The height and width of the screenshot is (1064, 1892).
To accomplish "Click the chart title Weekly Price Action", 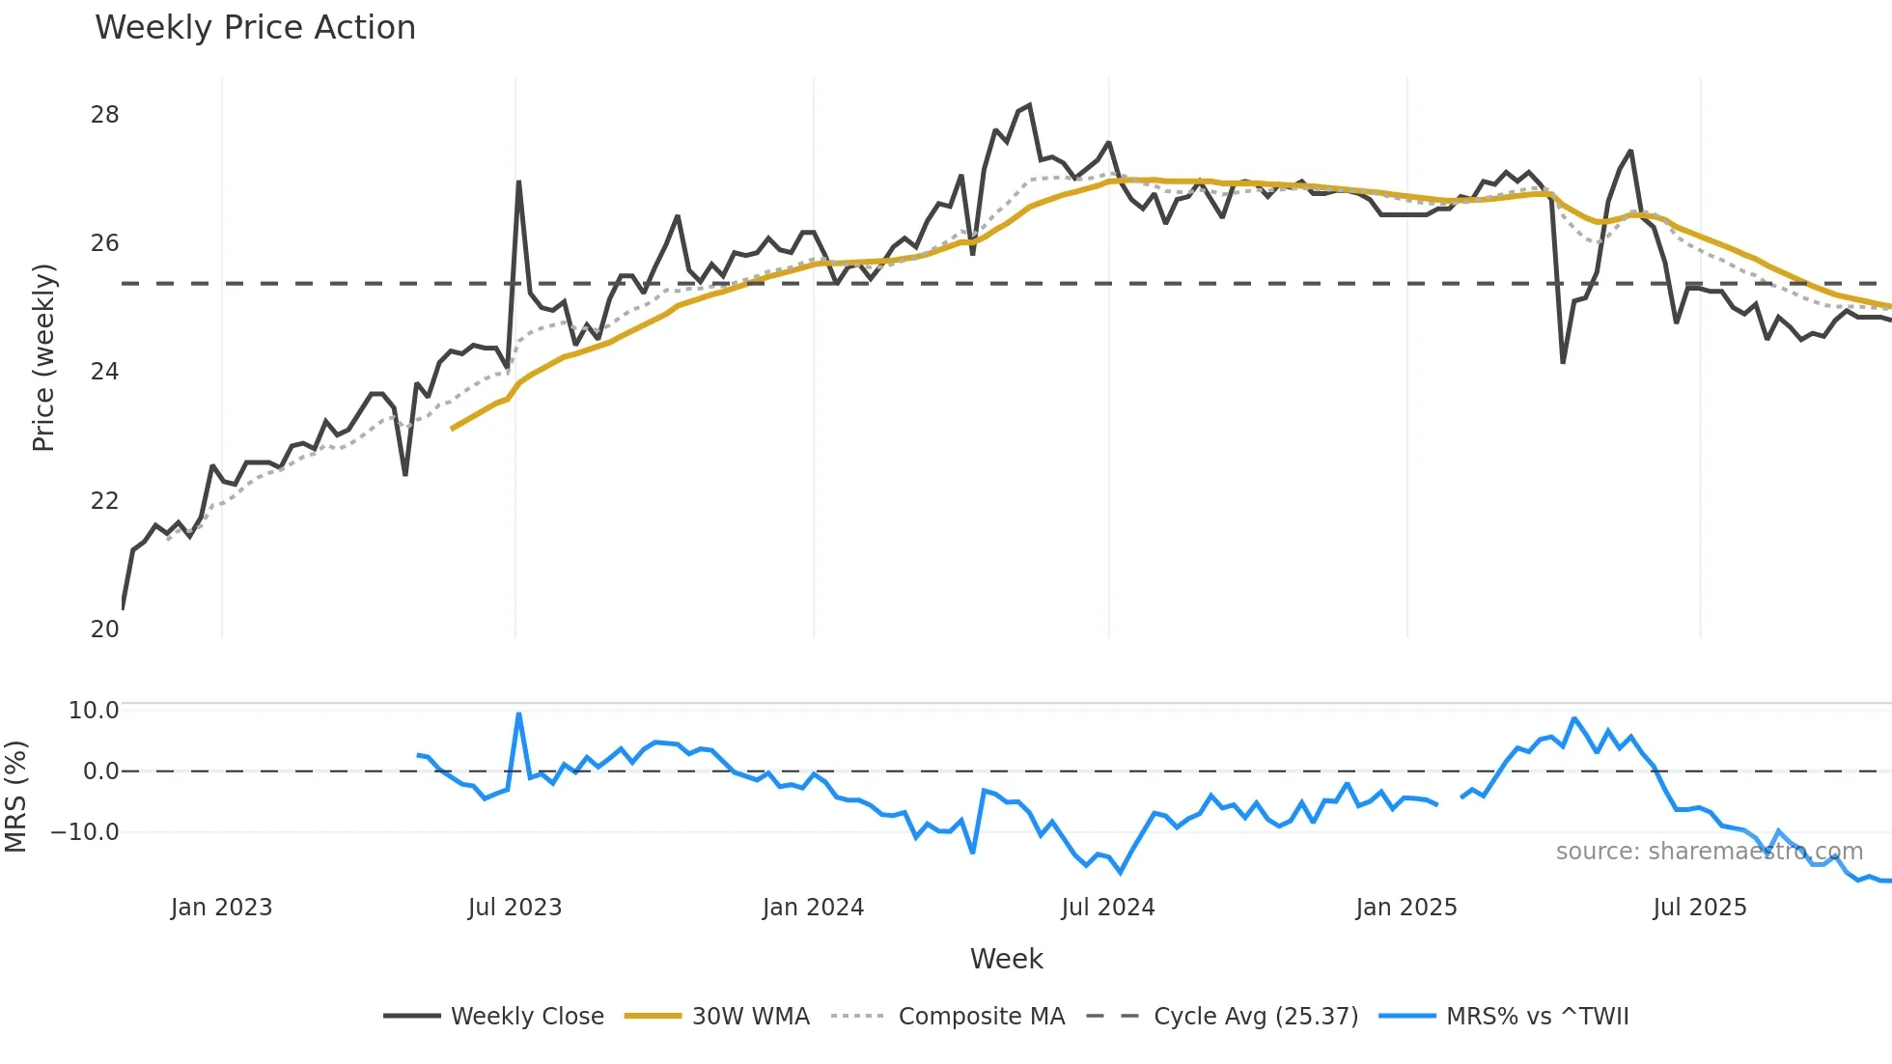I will [255, 28].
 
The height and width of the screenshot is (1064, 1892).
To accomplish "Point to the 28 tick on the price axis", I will [105, 115].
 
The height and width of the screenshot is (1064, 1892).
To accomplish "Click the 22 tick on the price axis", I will [105, 501].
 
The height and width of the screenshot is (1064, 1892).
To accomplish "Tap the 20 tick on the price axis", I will [105, 630].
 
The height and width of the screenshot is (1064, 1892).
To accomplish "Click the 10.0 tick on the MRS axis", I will [94, 711].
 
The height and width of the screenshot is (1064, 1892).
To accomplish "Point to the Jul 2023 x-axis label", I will [515, 908].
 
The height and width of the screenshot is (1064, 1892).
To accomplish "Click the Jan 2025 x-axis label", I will [1405, 908].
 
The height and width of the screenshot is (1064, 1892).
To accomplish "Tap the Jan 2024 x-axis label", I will [813, 908].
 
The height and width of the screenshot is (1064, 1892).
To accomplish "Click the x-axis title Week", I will [1006, 959].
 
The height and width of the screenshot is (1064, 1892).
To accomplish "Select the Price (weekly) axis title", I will [43, 357].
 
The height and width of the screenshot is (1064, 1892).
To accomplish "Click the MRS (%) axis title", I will [16, 797].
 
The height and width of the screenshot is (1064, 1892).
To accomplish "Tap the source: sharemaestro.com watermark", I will [1709, 852].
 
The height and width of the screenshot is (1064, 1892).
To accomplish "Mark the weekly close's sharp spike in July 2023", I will [518, 182].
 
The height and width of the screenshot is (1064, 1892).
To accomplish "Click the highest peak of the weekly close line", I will [1029, 105].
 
